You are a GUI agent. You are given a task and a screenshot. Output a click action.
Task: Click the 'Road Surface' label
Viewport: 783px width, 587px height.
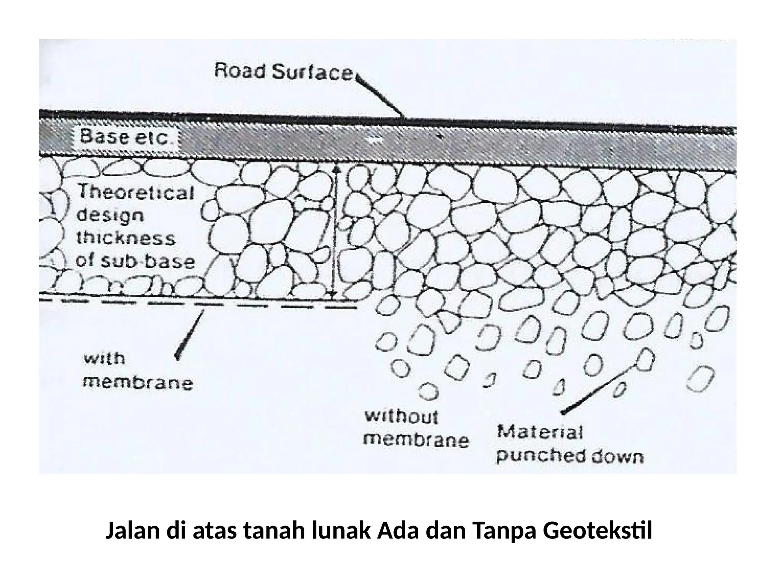(x=283, y=72)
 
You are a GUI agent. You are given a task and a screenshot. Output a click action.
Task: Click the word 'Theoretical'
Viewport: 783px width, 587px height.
(x=136, y=192)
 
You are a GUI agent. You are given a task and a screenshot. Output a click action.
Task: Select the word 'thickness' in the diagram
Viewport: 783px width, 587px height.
(x=126, y=238)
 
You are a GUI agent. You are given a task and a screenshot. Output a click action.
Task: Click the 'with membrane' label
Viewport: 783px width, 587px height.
(x=138, y=371)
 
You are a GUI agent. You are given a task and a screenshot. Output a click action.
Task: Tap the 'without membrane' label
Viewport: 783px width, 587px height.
(x=416, y=428)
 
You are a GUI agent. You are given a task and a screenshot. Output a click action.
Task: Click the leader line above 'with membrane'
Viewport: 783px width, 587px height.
(x=189, y=334)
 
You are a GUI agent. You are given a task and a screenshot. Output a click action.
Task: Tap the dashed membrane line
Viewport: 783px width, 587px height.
(x=199, y=304)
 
